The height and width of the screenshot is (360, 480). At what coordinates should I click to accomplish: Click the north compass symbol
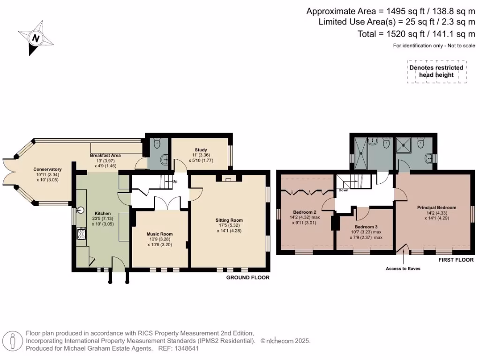tap(35, 38)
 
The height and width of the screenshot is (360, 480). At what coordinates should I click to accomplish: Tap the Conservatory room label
tap(47, 169)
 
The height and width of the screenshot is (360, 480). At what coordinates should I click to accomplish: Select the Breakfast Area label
tap(105, 155)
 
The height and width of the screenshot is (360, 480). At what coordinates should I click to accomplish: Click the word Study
tap(201, 150)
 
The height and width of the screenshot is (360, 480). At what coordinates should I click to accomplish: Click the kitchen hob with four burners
tap(81, 233)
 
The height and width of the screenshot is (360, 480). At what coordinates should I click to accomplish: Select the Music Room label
tap(160, 234)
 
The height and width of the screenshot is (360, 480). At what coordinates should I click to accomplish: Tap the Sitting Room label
tap(229, 220)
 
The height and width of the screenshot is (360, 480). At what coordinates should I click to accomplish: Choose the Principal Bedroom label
tap(436, 207)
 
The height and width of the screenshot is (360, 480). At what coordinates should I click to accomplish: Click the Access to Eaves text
tap(403, 269)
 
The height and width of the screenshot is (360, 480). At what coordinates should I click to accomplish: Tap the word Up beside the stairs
tap(174, 181)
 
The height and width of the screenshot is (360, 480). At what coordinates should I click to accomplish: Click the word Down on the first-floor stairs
tap(344, 190)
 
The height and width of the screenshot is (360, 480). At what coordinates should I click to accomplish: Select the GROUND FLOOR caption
tap(247, 277)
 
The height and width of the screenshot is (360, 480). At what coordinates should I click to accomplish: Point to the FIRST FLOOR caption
tap(456, 260)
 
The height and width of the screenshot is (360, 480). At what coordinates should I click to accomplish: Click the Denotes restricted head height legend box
tap(436, 71)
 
